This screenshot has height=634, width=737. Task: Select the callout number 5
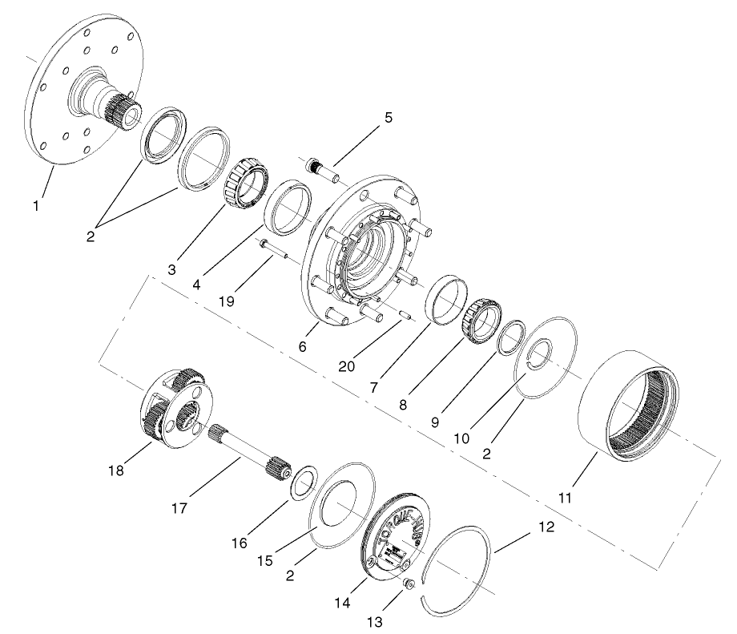(389, 118)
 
